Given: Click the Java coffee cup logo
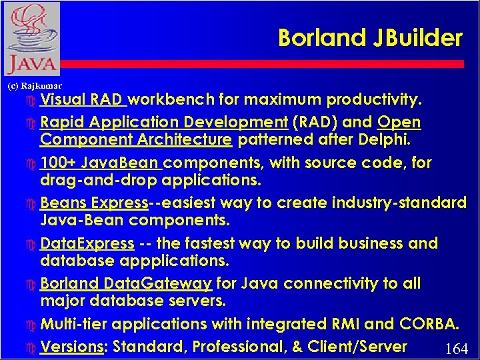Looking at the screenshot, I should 31,39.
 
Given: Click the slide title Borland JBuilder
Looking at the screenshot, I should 369,38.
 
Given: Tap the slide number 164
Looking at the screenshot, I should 456,349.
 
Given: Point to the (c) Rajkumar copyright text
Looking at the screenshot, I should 34,86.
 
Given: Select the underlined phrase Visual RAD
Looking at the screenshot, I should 83,100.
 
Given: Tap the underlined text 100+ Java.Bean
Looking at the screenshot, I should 101,163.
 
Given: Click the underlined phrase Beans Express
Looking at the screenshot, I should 93,203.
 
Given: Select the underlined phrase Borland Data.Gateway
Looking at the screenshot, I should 126,283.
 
